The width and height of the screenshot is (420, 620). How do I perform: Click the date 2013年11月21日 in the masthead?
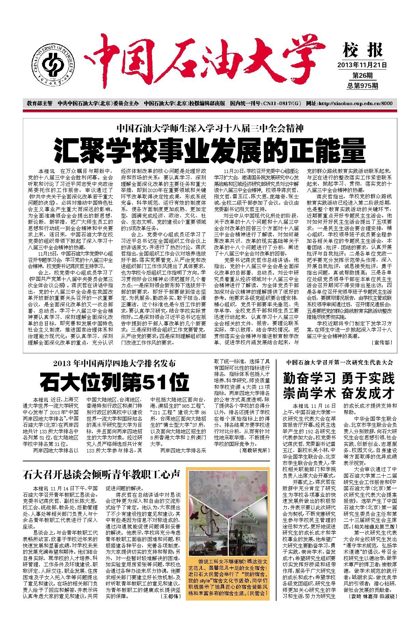(x=362, y=64)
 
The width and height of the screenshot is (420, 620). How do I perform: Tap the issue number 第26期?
(x=362, y=75)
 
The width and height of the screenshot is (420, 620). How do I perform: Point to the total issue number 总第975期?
(x=362, y=85)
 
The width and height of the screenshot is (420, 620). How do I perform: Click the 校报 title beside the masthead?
(x=362, y=51)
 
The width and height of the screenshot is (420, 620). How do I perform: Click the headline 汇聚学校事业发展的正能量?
(x=210, y=150)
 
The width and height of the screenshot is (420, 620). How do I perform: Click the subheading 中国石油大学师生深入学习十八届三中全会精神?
(x=210, y=129)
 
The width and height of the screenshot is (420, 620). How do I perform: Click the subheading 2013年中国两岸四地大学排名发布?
(x=114, y=363)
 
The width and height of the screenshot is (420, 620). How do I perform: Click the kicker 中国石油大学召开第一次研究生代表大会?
(x=340, y=362)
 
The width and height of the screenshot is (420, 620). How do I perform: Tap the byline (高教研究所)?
(x=253, y=450)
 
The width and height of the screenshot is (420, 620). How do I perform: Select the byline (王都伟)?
(x=169, y=606)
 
